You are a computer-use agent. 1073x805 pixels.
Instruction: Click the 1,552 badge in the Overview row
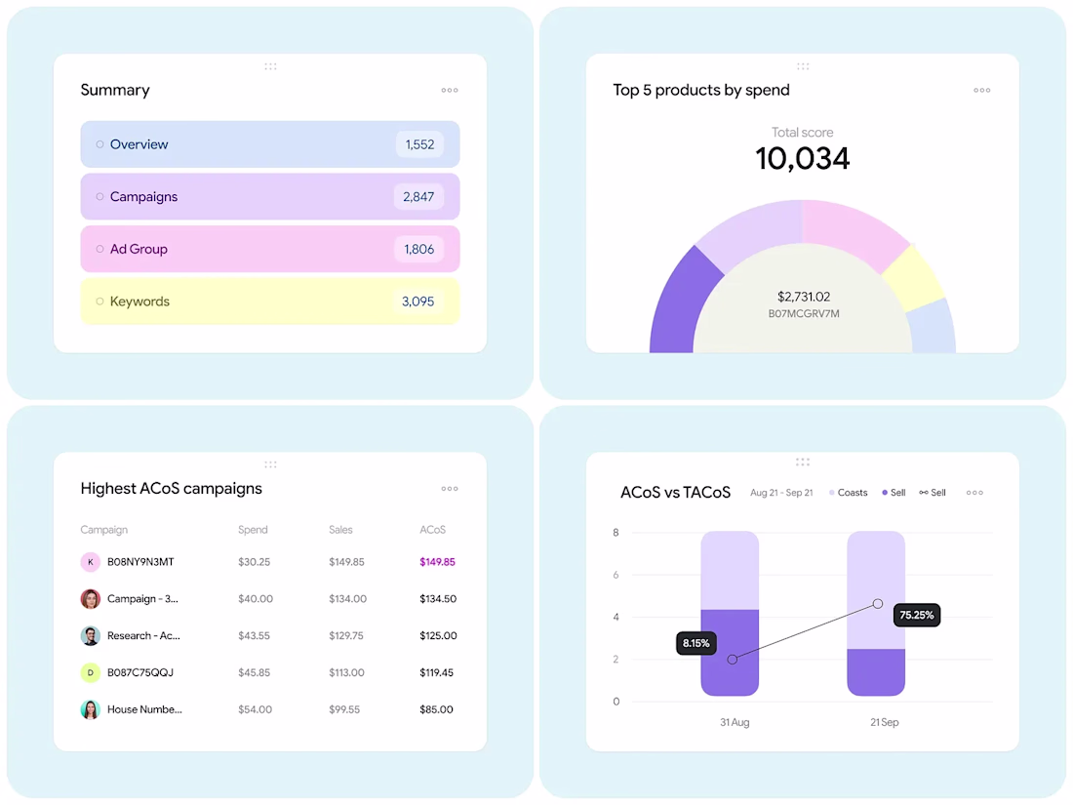click(x=419, y=144)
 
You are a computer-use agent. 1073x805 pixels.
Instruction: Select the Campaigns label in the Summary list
click(x=143, y=197)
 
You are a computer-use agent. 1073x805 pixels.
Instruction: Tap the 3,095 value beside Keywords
click(x=417, y=302)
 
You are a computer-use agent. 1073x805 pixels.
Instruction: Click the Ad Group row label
click(x=139, y=250)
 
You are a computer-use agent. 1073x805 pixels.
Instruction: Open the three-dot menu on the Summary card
click(x=449, y=91)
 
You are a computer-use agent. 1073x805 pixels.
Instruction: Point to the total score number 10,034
click(x=802, y=158)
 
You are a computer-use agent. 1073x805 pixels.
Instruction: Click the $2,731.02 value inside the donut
click(x=804, y=297)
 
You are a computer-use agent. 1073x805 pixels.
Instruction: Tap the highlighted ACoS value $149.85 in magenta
click(x=437, y=562)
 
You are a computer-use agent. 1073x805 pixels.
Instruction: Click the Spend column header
click(x=253, y=530)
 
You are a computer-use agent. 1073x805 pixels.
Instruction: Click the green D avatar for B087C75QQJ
click(x=90, y=672)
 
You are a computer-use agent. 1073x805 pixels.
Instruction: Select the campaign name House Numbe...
click(x=144, y=709)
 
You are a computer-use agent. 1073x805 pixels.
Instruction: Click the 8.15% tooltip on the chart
click(x=696, y=644)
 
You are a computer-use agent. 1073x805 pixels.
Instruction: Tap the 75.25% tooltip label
click(x=916, y=615)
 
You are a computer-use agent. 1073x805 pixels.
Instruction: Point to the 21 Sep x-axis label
click(x=884, y=723)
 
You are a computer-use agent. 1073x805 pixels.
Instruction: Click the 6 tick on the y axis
click(x=616, y=575)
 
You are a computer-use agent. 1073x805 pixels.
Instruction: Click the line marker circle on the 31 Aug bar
click(x=732, y=660)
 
